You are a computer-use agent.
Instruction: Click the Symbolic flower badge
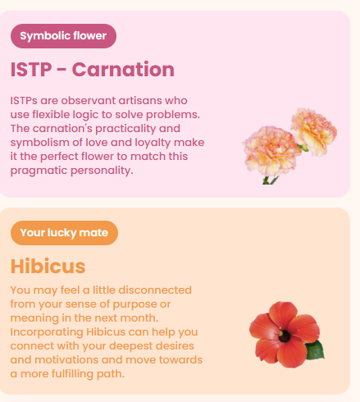tap(63, 36)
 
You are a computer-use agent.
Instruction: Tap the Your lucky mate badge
tap(64, 233)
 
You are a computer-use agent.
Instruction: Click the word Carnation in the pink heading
tap(123, 70)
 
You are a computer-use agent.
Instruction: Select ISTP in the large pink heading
tap(31, 70)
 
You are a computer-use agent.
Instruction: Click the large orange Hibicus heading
tap(48, 266)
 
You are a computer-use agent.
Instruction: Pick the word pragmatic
tap(39, 171)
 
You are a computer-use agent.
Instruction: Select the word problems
tap(173, 115)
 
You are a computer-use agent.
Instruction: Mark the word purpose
tap(134, 304)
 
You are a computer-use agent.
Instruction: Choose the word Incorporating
tap(47, 332)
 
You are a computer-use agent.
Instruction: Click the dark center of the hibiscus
tap(285, 336)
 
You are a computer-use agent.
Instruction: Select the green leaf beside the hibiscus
tap(315, 350)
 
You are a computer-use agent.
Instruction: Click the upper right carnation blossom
tap(314, 131)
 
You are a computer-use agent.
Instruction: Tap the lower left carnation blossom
tap(271, 150)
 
